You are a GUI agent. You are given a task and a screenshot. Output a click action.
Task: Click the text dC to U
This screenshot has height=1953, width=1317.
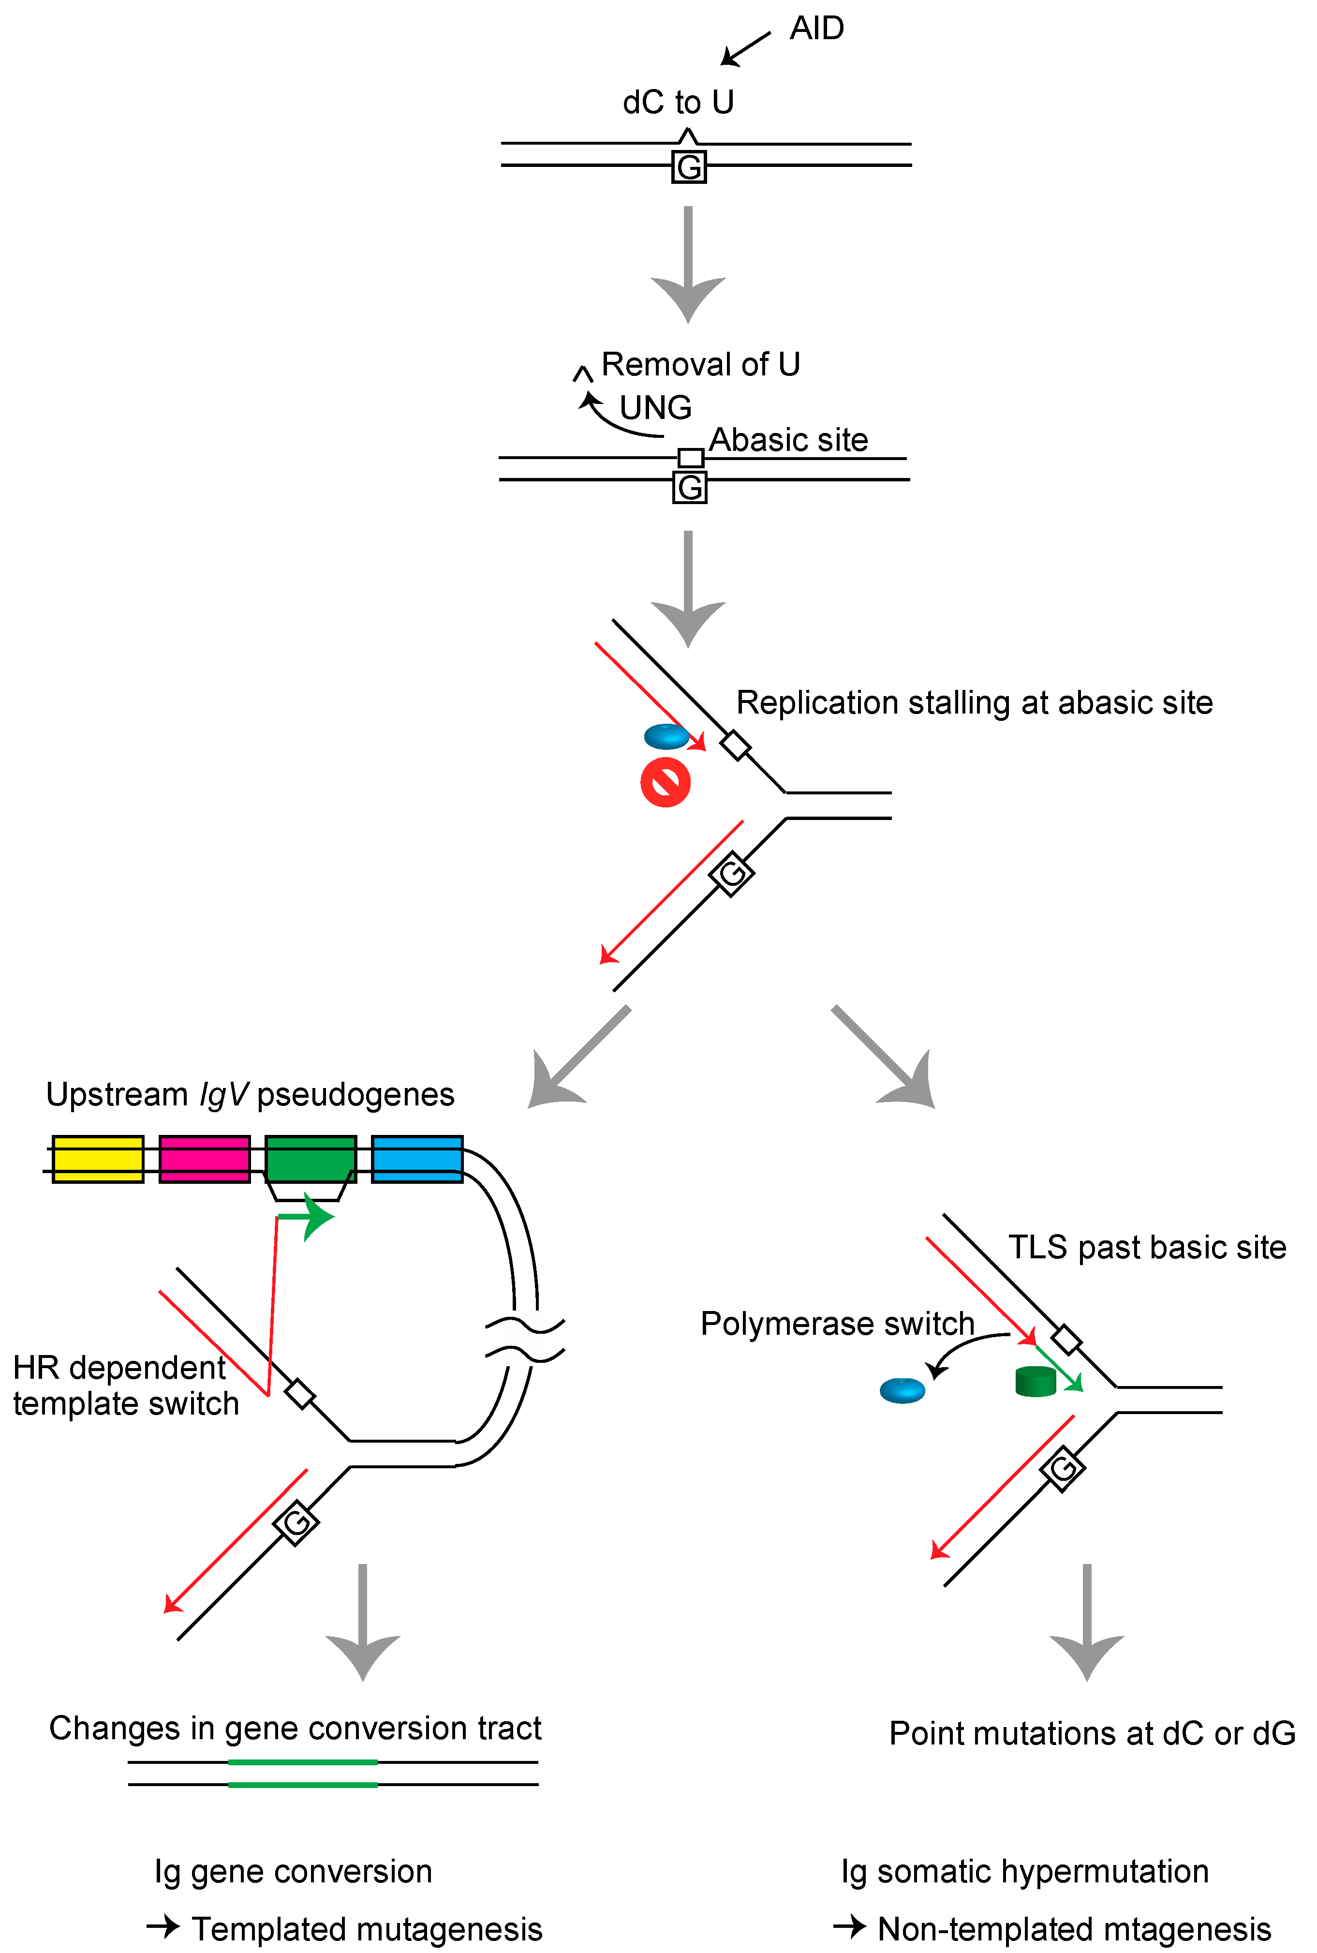[x=678, y=103]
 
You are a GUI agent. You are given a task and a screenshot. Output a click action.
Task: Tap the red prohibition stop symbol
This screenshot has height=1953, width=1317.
[x=665, y=782]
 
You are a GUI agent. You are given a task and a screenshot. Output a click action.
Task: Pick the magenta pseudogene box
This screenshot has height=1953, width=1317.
[x=204, y=1159]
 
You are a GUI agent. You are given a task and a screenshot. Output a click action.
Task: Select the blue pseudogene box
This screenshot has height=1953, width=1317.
[x=416, y=1159]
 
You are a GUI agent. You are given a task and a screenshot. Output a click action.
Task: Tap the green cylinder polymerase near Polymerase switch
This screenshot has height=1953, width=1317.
[x=1035, y=1381]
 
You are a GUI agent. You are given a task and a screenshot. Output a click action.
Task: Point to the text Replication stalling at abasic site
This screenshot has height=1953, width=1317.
[x=974, y=702]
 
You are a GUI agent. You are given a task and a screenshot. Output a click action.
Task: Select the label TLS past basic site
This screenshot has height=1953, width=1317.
[x=1146, y=1247]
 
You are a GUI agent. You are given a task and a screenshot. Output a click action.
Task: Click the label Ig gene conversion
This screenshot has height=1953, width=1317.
[x=293, y=1872]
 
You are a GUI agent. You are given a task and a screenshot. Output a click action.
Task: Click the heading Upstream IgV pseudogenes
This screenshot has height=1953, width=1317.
[x=250, y=1094]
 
